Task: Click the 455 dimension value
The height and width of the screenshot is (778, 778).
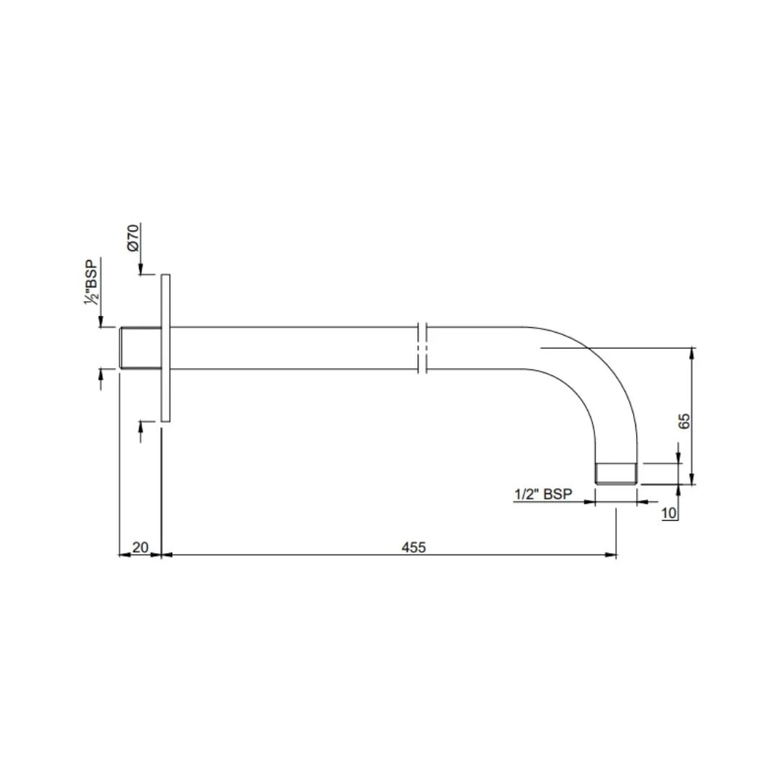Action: click(x=413, y=547)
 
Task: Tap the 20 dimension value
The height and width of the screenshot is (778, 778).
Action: click(x=140, y=547)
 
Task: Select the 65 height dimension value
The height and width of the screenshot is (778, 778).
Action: click(x=684, y=421)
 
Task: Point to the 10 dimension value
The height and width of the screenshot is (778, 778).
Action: click(x=669, y=513)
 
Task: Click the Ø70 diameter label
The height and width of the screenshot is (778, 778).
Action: click(x=133, y=238)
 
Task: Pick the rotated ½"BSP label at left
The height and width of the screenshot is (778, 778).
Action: click(x=91, y=282)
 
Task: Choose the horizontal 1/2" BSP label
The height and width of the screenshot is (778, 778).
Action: click(x=543, y=494)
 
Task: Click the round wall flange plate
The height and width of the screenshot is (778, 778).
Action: click(x=166, y=348)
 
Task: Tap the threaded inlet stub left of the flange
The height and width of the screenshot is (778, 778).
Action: click(x=141, y=348)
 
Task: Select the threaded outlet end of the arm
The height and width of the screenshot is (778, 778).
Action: click(x=616, y=474)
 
